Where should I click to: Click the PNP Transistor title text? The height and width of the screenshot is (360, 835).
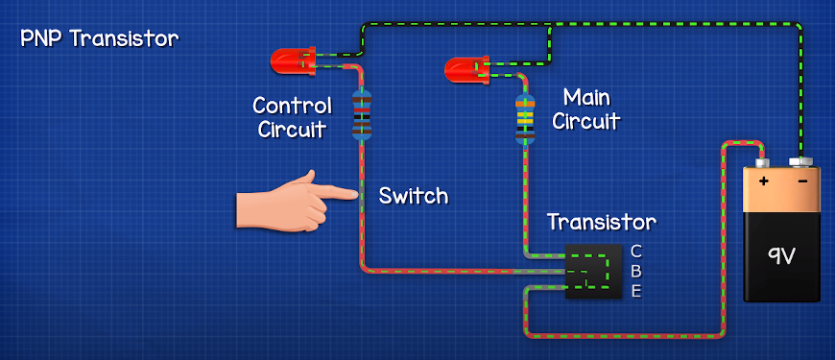99,39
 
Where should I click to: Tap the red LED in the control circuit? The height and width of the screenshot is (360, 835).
292,62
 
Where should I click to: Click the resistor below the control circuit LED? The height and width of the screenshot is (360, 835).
362,115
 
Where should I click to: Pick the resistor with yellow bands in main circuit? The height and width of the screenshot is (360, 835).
525,120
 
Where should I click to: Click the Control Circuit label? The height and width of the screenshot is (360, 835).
292,117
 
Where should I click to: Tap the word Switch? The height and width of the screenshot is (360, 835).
413,196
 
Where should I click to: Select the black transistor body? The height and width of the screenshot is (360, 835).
593,271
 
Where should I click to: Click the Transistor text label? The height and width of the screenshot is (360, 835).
601,223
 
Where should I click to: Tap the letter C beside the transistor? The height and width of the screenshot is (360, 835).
635,252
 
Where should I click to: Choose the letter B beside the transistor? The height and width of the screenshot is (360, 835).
635,272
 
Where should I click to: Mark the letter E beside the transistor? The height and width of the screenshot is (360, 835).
635,292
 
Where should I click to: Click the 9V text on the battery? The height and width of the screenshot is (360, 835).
780,255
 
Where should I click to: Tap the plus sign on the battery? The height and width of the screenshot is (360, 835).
764,180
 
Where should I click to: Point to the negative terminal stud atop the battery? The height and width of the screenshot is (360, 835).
799,162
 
